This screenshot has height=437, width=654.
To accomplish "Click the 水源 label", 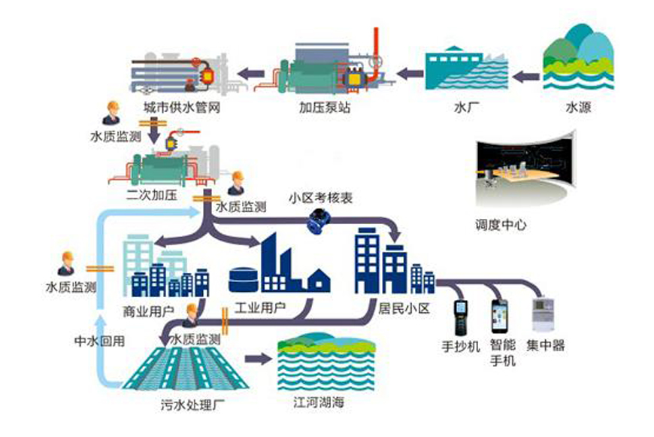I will tap(578, 107).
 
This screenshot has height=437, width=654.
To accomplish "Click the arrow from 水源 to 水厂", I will tap(529, 74).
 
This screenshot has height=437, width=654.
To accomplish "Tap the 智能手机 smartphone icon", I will tap(499, 316).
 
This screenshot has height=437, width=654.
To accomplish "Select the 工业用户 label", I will tap(258, 309).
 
